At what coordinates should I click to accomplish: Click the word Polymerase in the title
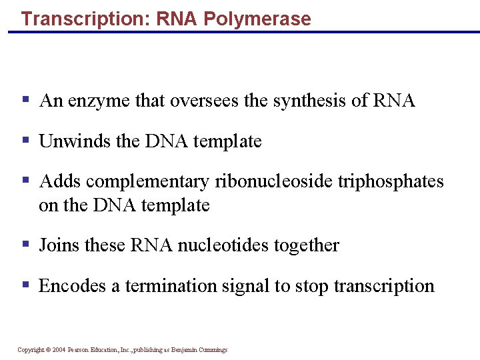257,19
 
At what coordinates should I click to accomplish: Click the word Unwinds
70,141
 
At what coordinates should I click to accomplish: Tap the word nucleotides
228,245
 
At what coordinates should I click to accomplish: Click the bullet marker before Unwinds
25,141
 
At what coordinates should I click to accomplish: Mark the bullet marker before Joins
25,245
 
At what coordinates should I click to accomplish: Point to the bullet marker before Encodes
25,285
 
